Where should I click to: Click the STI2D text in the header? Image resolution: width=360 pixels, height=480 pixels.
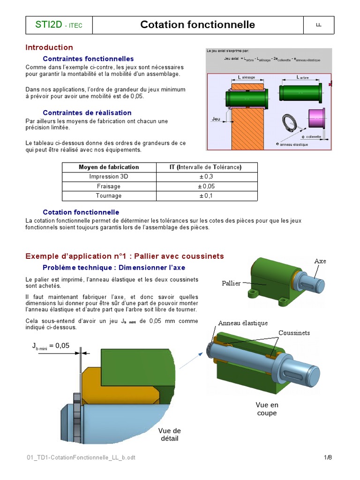[x=48, y=25]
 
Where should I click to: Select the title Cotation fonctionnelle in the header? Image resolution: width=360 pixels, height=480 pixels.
[x=197, y=25]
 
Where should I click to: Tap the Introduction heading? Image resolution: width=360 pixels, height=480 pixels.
[x=49, y=47]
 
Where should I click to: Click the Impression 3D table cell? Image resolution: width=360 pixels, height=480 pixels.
[x=109, y=176]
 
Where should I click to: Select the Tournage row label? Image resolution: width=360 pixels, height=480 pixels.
[x=109, y=195]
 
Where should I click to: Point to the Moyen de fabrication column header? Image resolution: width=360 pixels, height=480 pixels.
[x=109, y=167]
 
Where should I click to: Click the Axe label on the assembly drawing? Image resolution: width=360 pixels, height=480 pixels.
[x=320, y=261]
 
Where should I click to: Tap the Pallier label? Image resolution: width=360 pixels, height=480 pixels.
[x=231, y=283]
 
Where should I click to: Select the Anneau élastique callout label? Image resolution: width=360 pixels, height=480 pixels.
[x=243, y=323]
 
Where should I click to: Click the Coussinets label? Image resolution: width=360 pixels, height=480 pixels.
[x=294, y=333]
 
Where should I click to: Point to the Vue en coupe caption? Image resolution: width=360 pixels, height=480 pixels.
[x=267, y=409]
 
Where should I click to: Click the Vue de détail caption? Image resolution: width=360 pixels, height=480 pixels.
[x=169, y=435]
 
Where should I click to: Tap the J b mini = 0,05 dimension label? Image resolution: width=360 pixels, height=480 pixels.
[x=51, y=346]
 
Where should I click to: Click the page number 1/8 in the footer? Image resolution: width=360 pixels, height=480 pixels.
[x=328, y=457]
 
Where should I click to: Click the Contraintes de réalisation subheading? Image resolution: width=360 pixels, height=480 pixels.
[x=87, y=112]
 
